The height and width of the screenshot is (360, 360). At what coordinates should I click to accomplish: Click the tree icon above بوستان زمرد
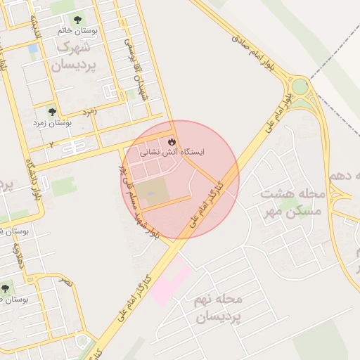coord(51,111)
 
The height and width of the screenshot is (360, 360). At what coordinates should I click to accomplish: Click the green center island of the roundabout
coord(301,87)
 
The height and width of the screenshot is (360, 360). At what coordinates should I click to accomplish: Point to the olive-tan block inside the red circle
coord(153,191)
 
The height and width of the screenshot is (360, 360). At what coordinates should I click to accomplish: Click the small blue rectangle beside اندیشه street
coord(33,49)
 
